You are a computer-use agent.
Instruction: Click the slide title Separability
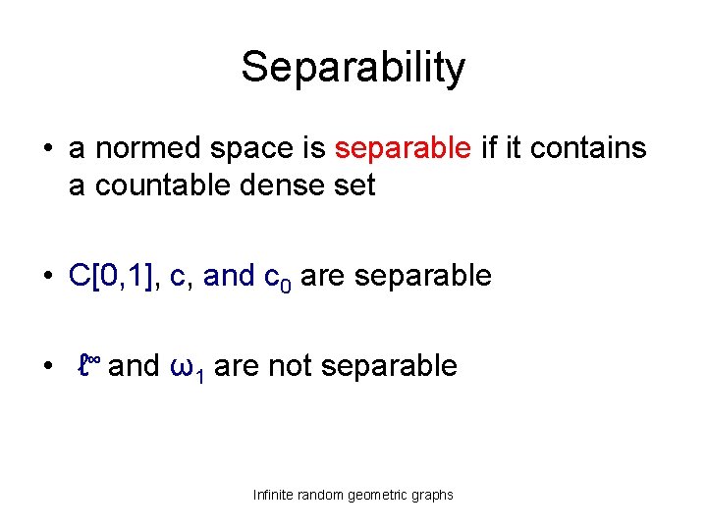click(353, 68)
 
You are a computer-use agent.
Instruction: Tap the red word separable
click(403, 148)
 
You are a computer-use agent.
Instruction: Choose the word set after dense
click(353, 185)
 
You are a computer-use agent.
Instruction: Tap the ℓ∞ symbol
click(89, 366)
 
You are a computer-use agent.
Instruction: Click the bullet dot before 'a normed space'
click(47, 150)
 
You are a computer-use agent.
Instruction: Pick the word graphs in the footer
click(433, 495)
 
